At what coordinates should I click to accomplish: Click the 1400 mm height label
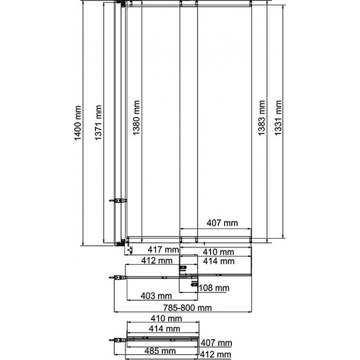point(78,123)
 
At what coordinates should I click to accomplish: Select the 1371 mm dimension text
point(98,122)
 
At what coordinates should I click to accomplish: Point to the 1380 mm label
point(136,118)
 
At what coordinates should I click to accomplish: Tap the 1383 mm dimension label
point(261,118)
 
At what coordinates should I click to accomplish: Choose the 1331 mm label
point(278,118)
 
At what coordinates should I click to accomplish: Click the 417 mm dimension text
point(163,249)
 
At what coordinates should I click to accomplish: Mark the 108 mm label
point(214,288)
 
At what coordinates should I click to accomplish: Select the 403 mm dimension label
point(156,296)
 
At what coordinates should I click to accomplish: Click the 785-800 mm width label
point(187,308)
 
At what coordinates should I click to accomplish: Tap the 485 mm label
point(160,351)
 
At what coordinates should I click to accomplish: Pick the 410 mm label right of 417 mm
point(218,252)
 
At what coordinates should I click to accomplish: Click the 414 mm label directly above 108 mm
point(219,261)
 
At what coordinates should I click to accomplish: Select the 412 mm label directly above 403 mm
point(157,261)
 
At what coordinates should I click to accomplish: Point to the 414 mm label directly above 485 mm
point(164,329)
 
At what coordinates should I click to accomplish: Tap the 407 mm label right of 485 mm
point(216,343)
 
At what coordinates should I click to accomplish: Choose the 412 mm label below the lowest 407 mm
point(216,355)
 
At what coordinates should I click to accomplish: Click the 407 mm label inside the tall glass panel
point(222,223)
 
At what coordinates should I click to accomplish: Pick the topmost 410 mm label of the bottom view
point(166,319)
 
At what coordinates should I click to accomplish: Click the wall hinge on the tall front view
point(118,201)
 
